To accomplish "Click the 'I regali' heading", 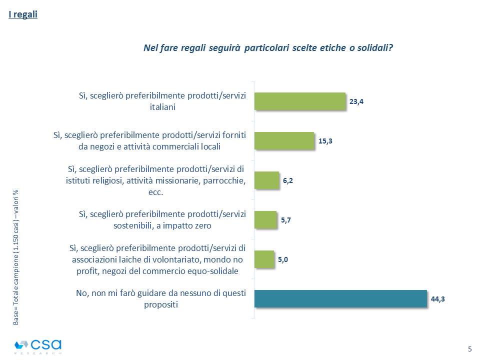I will (x=23, y=14).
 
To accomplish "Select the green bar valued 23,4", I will (x=300, y=101).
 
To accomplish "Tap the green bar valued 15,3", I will (x=284, y=140).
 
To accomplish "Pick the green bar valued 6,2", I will (x=266, y=180).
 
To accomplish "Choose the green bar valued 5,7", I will (x=265, y=219).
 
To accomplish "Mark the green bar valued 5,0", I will (x=264, y=259).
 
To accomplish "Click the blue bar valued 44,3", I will (x=340, y=298).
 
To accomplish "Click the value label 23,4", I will (x=356, y=101).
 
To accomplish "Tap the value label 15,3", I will (x=325, y=140).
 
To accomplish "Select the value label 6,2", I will (x=287, y=180).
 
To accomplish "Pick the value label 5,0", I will (x=283, y=259).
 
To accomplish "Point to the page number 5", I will (x=469, y=348).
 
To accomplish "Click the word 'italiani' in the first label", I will (x=163, y=106).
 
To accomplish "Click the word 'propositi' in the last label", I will (x=162, y=304).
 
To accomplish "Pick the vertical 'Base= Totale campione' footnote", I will (x=15, y=257).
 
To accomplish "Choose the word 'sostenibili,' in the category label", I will (x=135, y=225).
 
